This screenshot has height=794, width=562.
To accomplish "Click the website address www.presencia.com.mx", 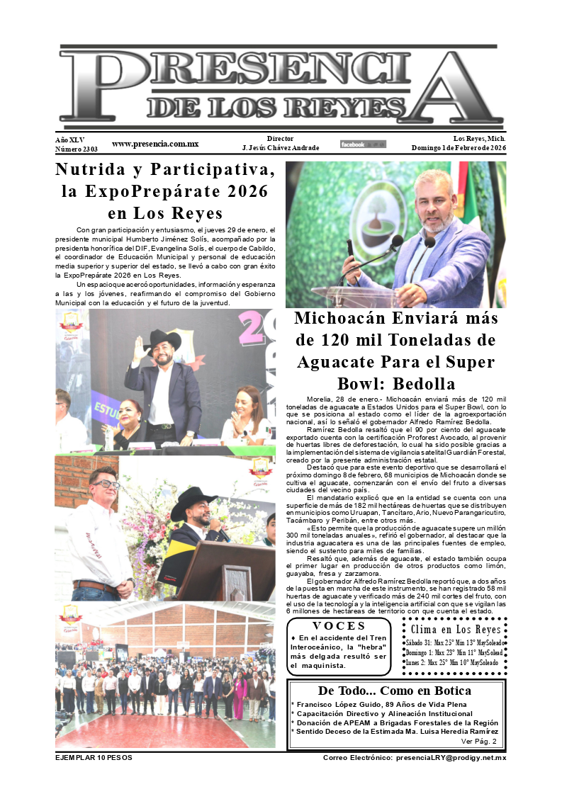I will (x=155, y=144).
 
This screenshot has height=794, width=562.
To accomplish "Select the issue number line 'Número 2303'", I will (x=77, y=149).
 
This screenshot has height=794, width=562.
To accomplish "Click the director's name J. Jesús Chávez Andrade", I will (x=281, y=148).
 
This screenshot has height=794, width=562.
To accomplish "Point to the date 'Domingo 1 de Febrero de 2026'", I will (x=459, y=148).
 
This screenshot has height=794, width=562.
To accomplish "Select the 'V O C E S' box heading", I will (x=339, y=626).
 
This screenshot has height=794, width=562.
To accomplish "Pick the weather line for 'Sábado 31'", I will (x=454, y=642).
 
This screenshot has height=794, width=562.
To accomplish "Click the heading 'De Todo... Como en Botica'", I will (x=395, y=691).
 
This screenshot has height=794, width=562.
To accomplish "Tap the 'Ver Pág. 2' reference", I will (x=478, y=742).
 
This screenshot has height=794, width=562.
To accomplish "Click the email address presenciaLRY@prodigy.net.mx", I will (x=415, y=758).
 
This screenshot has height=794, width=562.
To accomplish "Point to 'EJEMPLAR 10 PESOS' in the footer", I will (x=94, y=758).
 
